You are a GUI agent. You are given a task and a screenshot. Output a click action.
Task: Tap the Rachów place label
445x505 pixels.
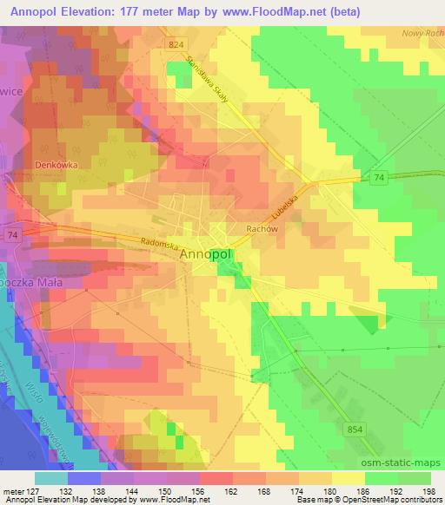pyautogui.click(x=236, y=229)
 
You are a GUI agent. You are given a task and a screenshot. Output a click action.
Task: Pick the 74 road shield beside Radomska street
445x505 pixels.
pyautogui.click(x=12, y=234)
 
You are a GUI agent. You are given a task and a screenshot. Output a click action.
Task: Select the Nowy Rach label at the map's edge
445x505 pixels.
pyautogui.click(x=423, y=33)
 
